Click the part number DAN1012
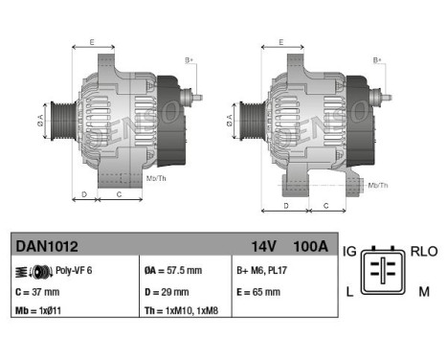[x=40, y=247]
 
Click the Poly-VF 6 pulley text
[x=72, y=271]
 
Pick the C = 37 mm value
[x=39, y=291]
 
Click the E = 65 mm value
[x=257, y=291]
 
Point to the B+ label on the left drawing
[x=190, y=60]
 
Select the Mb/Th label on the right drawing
[x=378, y=185]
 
